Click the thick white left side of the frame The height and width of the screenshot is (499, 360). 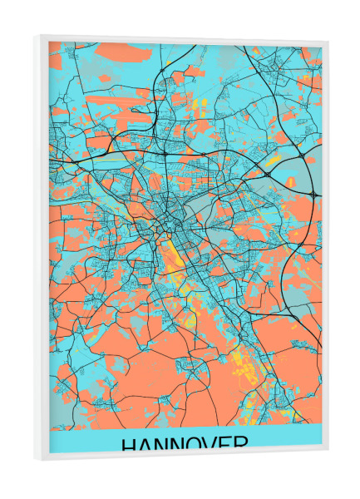point(42,249)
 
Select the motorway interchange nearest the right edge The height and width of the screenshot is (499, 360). point(313,194)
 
